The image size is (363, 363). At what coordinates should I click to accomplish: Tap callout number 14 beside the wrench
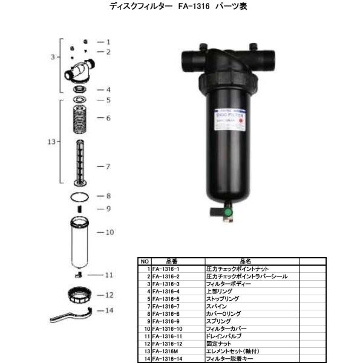point(110,311)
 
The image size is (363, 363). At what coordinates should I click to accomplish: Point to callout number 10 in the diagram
point(110,232)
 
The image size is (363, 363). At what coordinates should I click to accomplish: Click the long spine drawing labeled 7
point(79,163)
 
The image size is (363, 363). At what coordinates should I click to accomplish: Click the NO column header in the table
point(145,261)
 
